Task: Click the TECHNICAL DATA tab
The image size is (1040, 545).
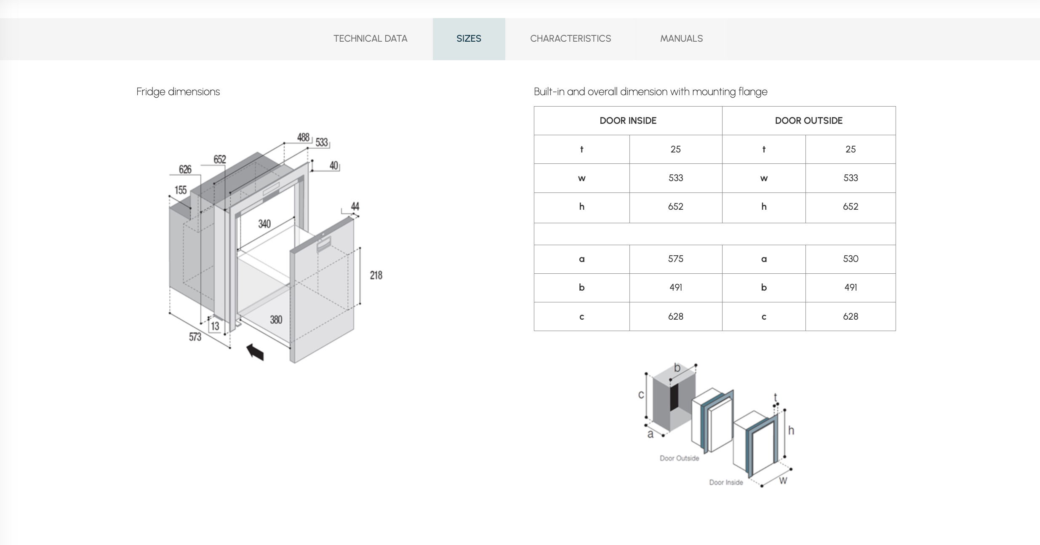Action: [x=370, y=39]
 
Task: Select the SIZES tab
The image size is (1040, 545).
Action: [x=469, y=39]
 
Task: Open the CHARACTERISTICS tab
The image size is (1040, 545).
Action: [x=570, y=39]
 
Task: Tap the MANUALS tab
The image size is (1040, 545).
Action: [x=681, y=39]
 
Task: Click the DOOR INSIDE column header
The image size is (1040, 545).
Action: [x=628, y=121]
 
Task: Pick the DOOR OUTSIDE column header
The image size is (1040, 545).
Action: [x=808, y=121]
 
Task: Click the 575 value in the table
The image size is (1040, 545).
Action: [x=675, y=259]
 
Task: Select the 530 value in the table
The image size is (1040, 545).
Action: [x=850, y=259]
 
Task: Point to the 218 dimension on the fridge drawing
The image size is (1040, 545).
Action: [x=376, y=275]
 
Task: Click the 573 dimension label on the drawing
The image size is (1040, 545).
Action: [x=195, y=337]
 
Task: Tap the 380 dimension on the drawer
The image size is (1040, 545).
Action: [x=276, y=320]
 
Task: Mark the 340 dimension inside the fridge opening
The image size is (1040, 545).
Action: [x=264, y=224]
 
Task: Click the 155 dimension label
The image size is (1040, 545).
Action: [x=181, y=190]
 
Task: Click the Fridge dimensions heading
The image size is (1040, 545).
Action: [x=178, y=92]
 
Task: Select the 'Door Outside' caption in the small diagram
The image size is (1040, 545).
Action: [x=679, y=458]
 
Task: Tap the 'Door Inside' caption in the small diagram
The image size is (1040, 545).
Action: [x=726, y=482]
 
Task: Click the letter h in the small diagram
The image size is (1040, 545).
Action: [x=791, y=430]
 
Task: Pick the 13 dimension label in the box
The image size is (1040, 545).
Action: [x=215, y=326]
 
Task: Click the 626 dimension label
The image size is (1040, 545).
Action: [x=185, y=169]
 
